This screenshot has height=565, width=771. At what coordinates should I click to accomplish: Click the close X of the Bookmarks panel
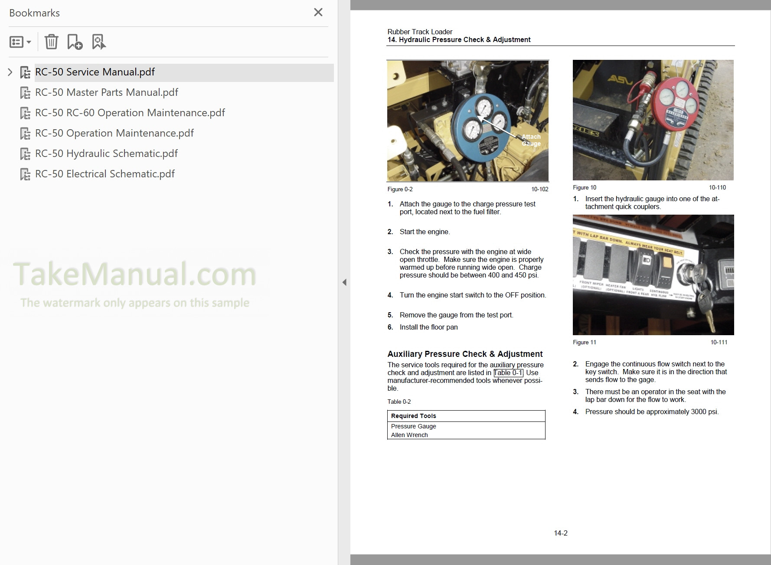point(318,12)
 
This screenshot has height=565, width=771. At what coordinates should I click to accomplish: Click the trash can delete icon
point(51,42)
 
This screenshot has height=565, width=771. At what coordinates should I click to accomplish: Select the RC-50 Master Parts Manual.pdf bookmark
point(106,92)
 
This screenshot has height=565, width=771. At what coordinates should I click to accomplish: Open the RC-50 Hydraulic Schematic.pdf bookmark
point(106,153)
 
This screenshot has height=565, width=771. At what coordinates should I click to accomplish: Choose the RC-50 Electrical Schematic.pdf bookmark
point(105,174)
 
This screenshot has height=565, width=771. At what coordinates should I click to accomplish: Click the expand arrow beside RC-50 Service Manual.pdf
point(10,72)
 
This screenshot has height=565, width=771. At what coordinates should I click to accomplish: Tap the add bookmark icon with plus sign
point(75,42)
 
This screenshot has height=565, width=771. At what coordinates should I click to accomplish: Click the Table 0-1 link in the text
point(508,372)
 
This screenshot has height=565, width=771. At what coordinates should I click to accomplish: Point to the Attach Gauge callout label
point(531,140)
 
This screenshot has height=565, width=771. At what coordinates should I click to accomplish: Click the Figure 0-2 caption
point(400,189)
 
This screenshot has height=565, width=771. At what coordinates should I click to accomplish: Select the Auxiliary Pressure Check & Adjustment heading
point(465,354)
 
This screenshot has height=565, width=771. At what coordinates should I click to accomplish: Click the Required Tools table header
point(414,416)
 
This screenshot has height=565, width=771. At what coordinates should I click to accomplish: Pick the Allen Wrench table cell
point(409,435)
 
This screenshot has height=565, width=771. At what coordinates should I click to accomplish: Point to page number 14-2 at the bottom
point(561,533)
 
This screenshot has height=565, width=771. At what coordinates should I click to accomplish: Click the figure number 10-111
point(719,342)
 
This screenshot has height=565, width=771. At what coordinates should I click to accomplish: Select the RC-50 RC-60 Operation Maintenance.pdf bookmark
point(130,113)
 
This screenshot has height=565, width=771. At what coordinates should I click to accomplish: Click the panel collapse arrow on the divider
point(344,282)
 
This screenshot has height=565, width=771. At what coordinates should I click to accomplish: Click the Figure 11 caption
point(584,342)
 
